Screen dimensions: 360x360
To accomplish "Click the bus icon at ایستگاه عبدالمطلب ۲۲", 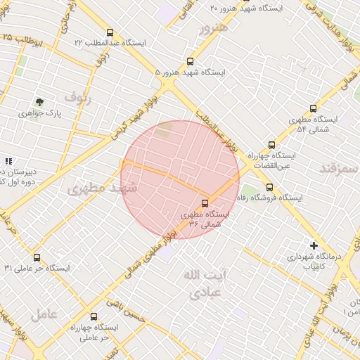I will point(109,32).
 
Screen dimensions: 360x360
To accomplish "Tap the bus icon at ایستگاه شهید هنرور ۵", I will point(190,62).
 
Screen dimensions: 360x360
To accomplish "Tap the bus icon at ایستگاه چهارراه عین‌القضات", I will point(272,145).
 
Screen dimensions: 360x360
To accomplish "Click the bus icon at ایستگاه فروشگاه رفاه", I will point(269,187).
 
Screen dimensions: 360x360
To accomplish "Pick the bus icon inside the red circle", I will point(205,203).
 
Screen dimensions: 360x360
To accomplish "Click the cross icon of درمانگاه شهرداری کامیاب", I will point(314,246).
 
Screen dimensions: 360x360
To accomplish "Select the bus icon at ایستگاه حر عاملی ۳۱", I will point(37,257).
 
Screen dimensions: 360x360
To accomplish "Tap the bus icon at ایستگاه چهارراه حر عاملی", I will point(94,317).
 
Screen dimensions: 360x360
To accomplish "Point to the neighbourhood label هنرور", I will point(212,28).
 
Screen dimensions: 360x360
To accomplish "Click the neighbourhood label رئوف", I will point(77,94).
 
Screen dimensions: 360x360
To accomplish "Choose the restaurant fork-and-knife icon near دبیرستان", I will point(8,162).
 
